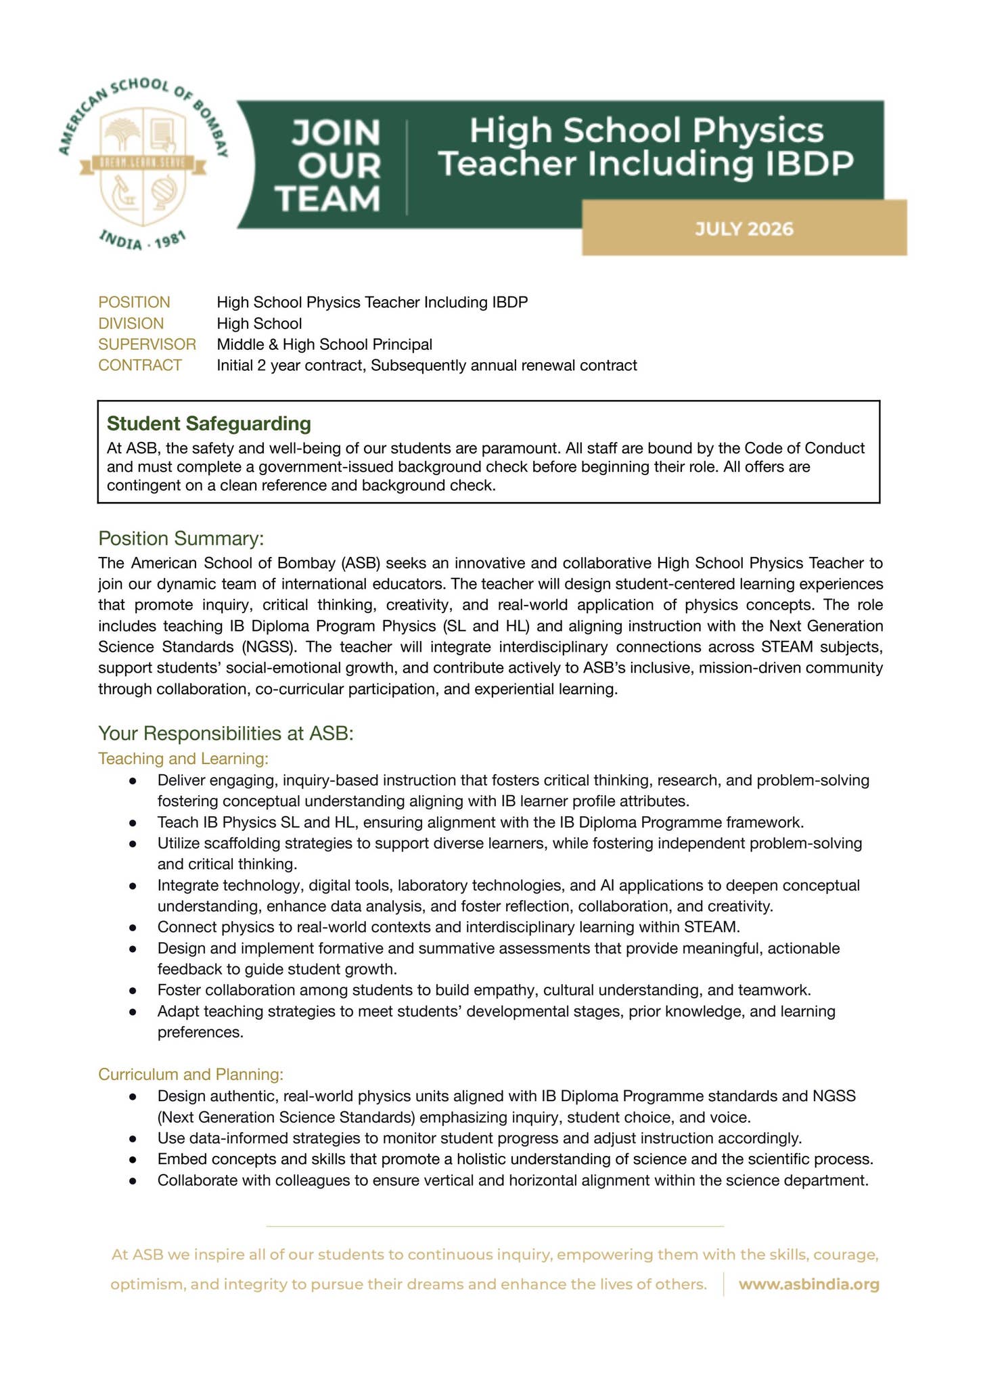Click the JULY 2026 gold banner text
click(744, 229)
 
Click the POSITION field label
click(134, 302)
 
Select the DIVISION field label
click(131, 323)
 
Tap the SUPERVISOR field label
click(147, 344)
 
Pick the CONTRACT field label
click(140, 365)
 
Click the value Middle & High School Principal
click(324, 344)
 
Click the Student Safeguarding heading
click(209, 424)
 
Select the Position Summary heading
click(181, 539)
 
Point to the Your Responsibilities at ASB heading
click(226, 734)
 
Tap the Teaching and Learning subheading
click(183, 759)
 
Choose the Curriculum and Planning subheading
click(191, 1074)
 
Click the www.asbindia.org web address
click(808, 1284)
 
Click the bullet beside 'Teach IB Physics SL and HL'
click(134, 823)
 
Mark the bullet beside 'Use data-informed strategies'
click(134, 1138)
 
